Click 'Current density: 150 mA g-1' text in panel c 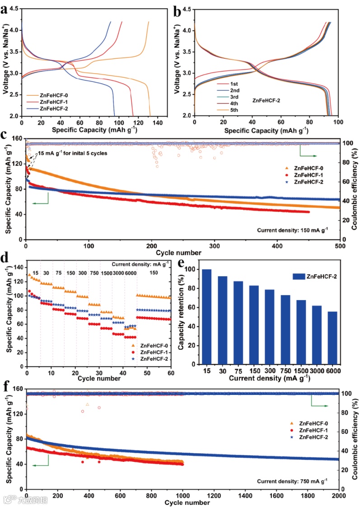(x=292, y=230)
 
